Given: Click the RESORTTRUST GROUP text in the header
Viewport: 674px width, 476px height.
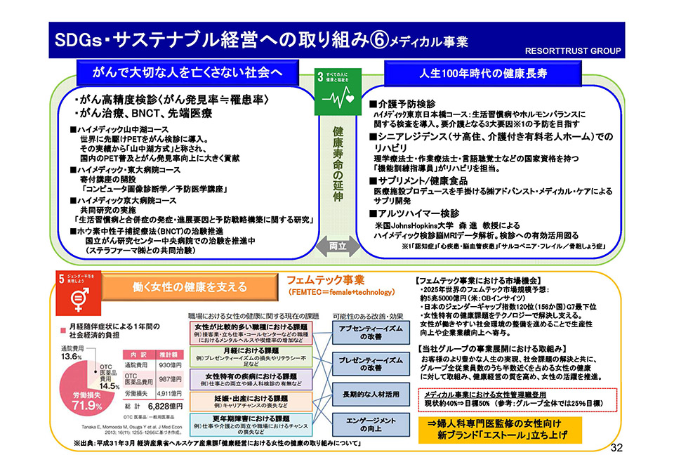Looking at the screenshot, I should click(574, 51).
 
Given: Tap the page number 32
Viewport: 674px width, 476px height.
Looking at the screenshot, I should click(617, 448).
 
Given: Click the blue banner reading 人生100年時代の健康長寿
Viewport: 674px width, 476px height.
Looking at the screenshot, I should click(494, 74).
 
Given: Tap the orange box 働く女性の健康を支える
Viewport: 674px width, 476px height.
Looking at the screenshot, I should click(189, 286).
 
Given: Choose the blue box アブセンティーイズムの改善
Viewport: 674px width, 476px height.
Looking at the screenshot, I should click(361, 333).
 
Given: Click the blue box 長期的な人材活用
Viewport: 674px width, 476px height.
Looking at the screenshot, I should click(361, 395).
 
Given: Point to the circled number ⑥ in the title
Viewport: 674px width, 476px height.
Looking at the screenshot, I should click(378, 41).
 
